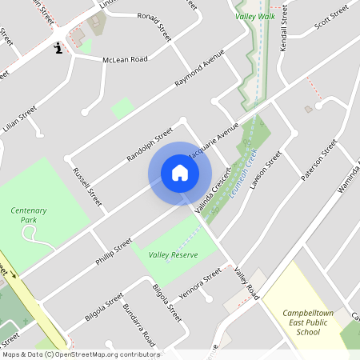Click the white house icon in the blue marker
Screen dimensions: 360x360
coord(179,173)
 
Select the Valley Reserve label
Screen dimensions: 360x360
coord(173,254)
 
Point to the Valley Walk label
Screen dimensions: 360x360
coord(254,16)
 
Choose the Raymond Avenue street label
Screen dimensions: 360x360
coord(200,73)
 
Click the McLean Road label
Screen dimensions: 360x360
coord(125,59)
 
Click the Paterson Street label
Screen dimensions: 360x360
coord(319,160)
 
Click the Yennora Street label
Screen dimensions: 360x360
coord(200,283)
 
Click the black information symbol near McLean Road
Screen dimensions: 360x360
coord(58,50)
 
